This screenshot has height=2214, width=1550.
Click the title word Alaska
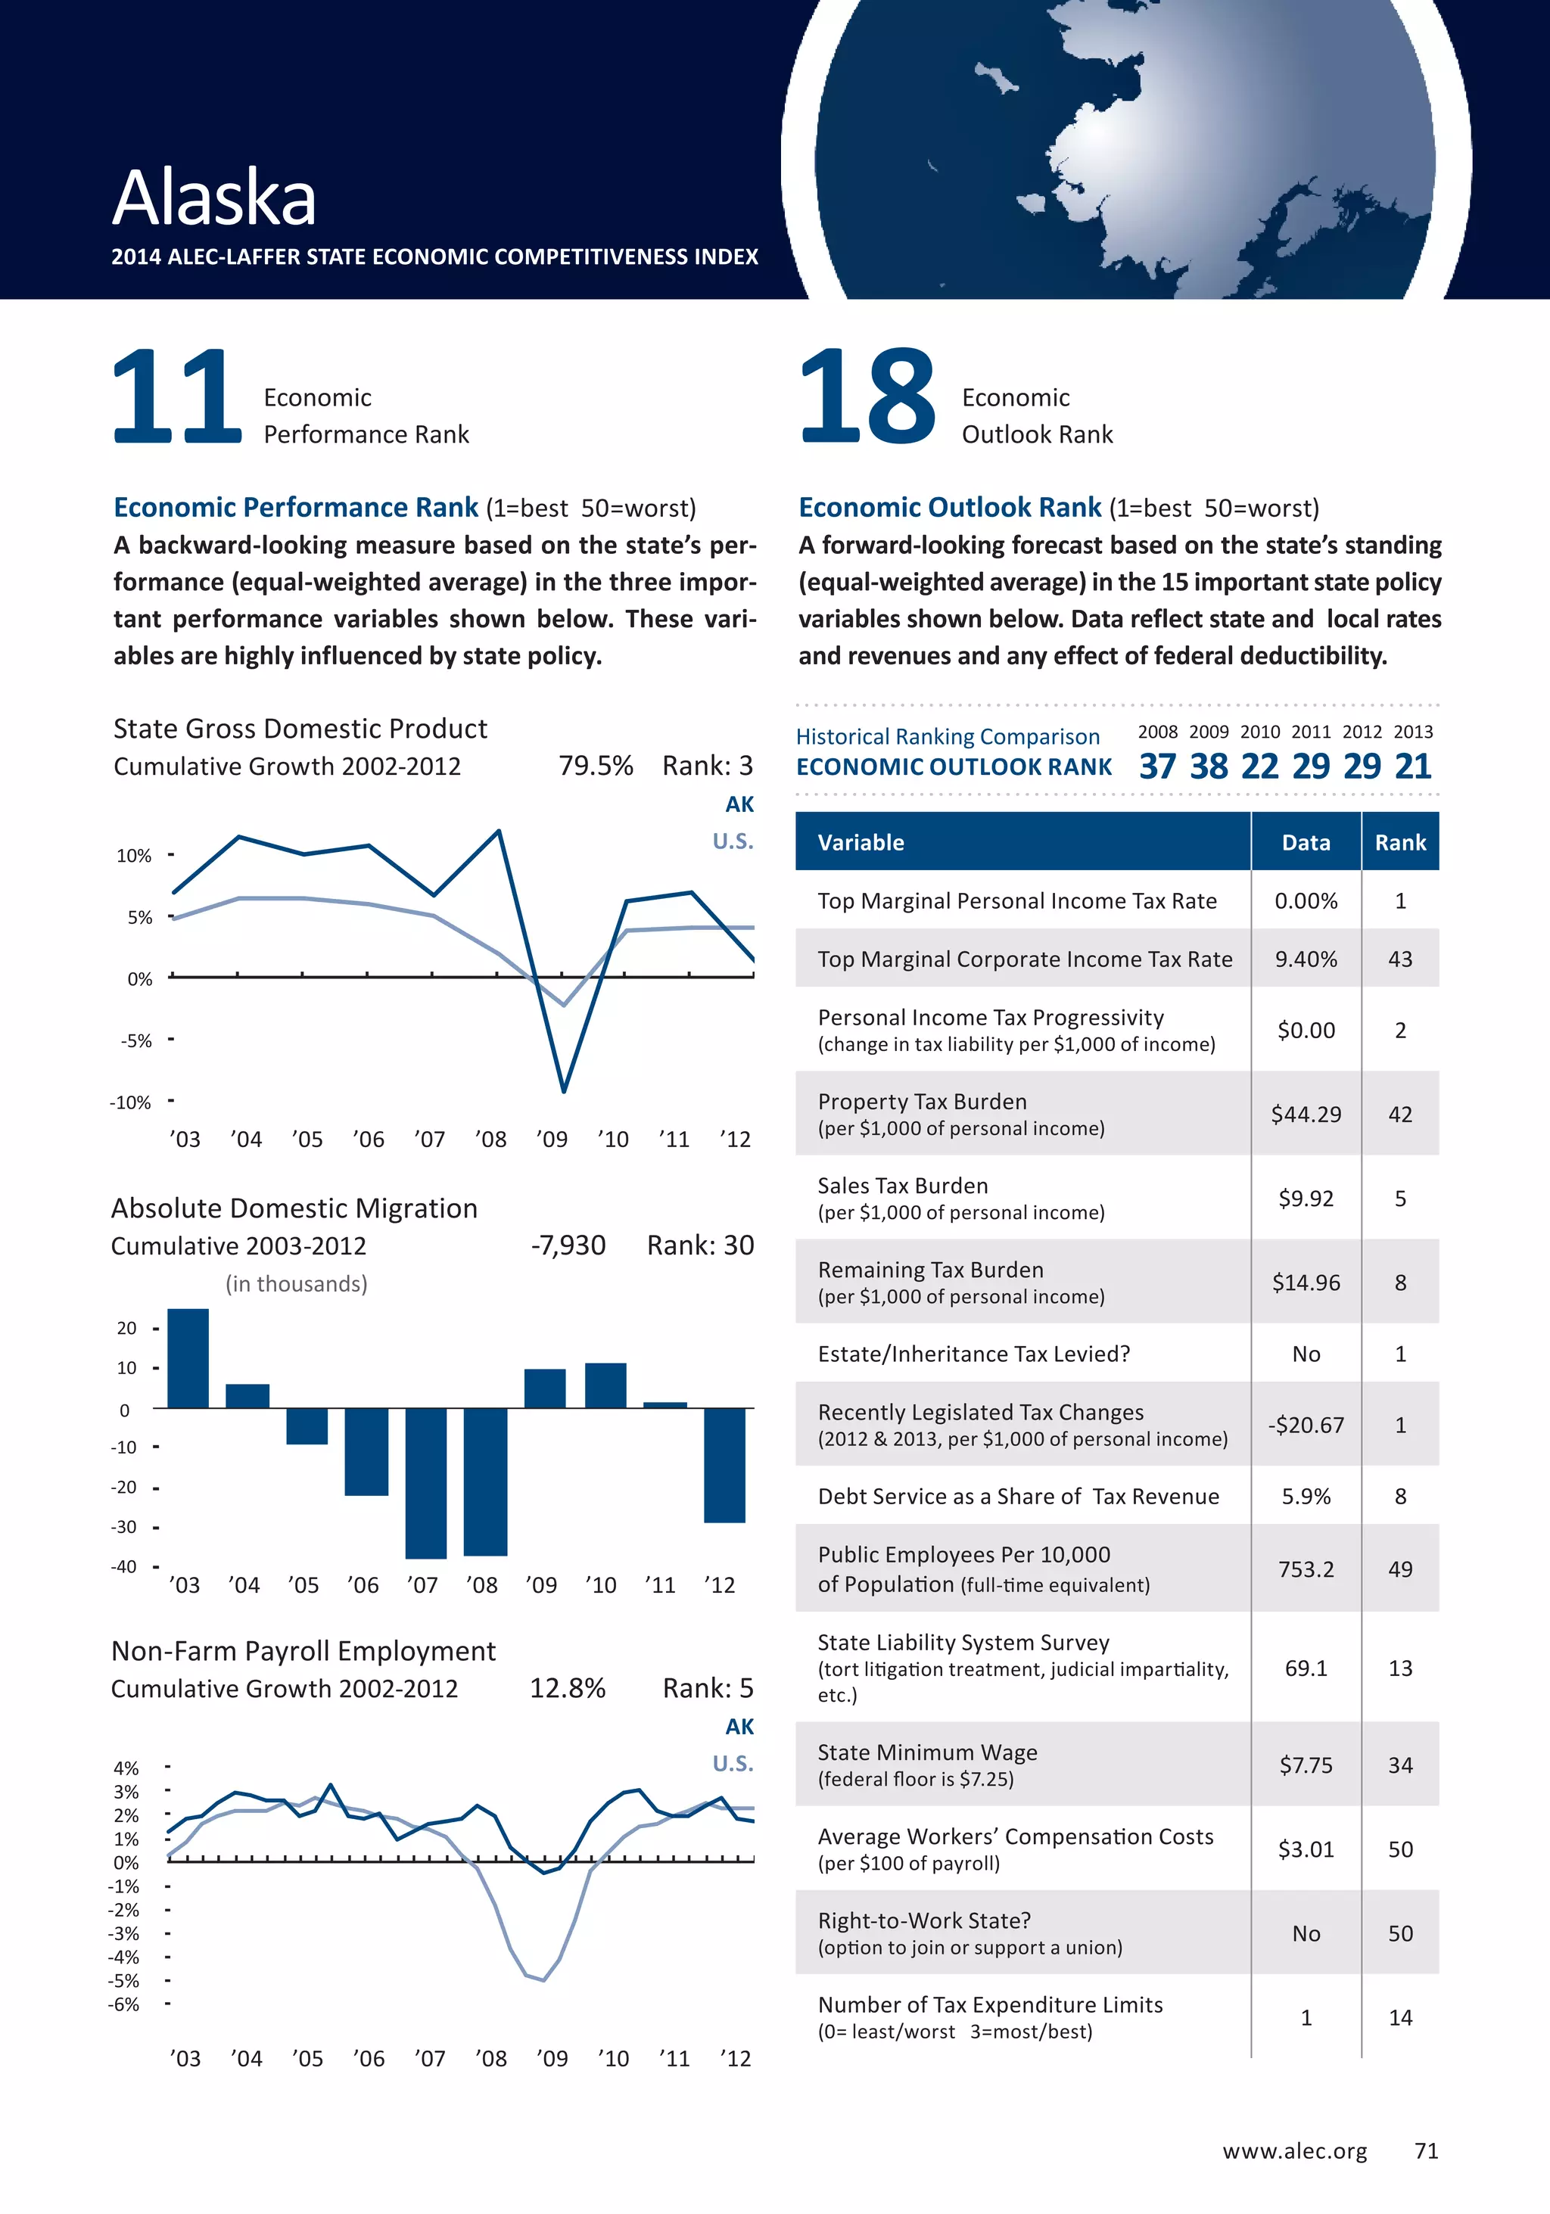pos(214,197)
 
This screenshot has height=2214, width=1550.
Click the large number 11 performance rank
pos(176,396)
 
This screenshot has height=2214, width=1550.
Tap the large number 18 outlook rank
pos(867,396)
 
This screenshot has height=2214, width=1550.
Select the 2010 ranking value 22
pos(1259,767)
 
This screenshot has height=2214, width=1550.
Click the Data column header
pos(1306,843)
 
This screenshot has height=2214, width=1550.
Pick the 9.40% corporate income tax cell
pos(1306,959)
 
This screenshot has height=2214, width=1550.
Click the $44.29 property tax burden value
pos(1306,1115)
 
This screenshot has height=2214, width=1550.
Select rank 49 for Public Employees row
pos(1399,1569)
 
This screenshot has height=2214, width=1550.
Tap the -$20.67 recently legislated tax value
pos(1306,1426)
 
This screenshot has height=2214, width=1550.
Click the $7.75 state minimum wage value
pos(1306,1765)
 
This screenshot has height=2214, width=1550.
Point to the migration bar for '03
pos(188,1357)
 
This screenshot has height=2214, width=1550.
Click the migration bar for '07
pos(426,1483)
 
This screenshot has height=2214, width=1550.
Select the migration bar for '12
pos(724,1465)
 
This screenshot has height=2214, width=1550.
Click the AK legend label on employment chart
pos(739,1727)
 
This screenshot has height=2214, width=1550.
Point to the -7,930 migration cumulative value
pos(568,1246)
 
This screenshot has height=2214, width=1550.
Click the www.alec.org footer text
pos(1294,2151)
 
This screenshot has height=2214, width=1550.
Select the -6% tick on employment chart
pos(124,2004)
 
